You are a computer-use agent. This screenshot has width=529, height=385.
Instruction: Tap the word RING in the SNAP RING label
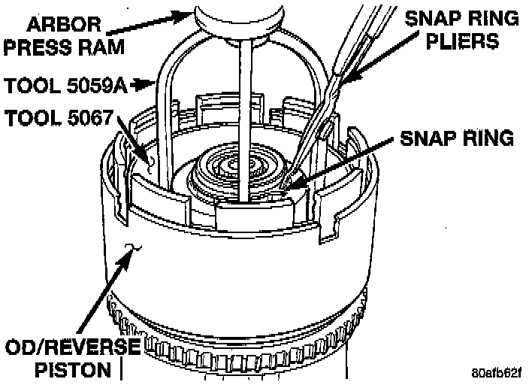tap(486, 138)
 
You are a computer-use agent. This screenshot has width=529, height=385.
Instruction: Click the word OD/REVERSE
tap(72, 348)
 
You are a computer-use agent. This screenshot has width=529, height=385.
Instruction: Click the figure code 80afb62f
tap(497, 373)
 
